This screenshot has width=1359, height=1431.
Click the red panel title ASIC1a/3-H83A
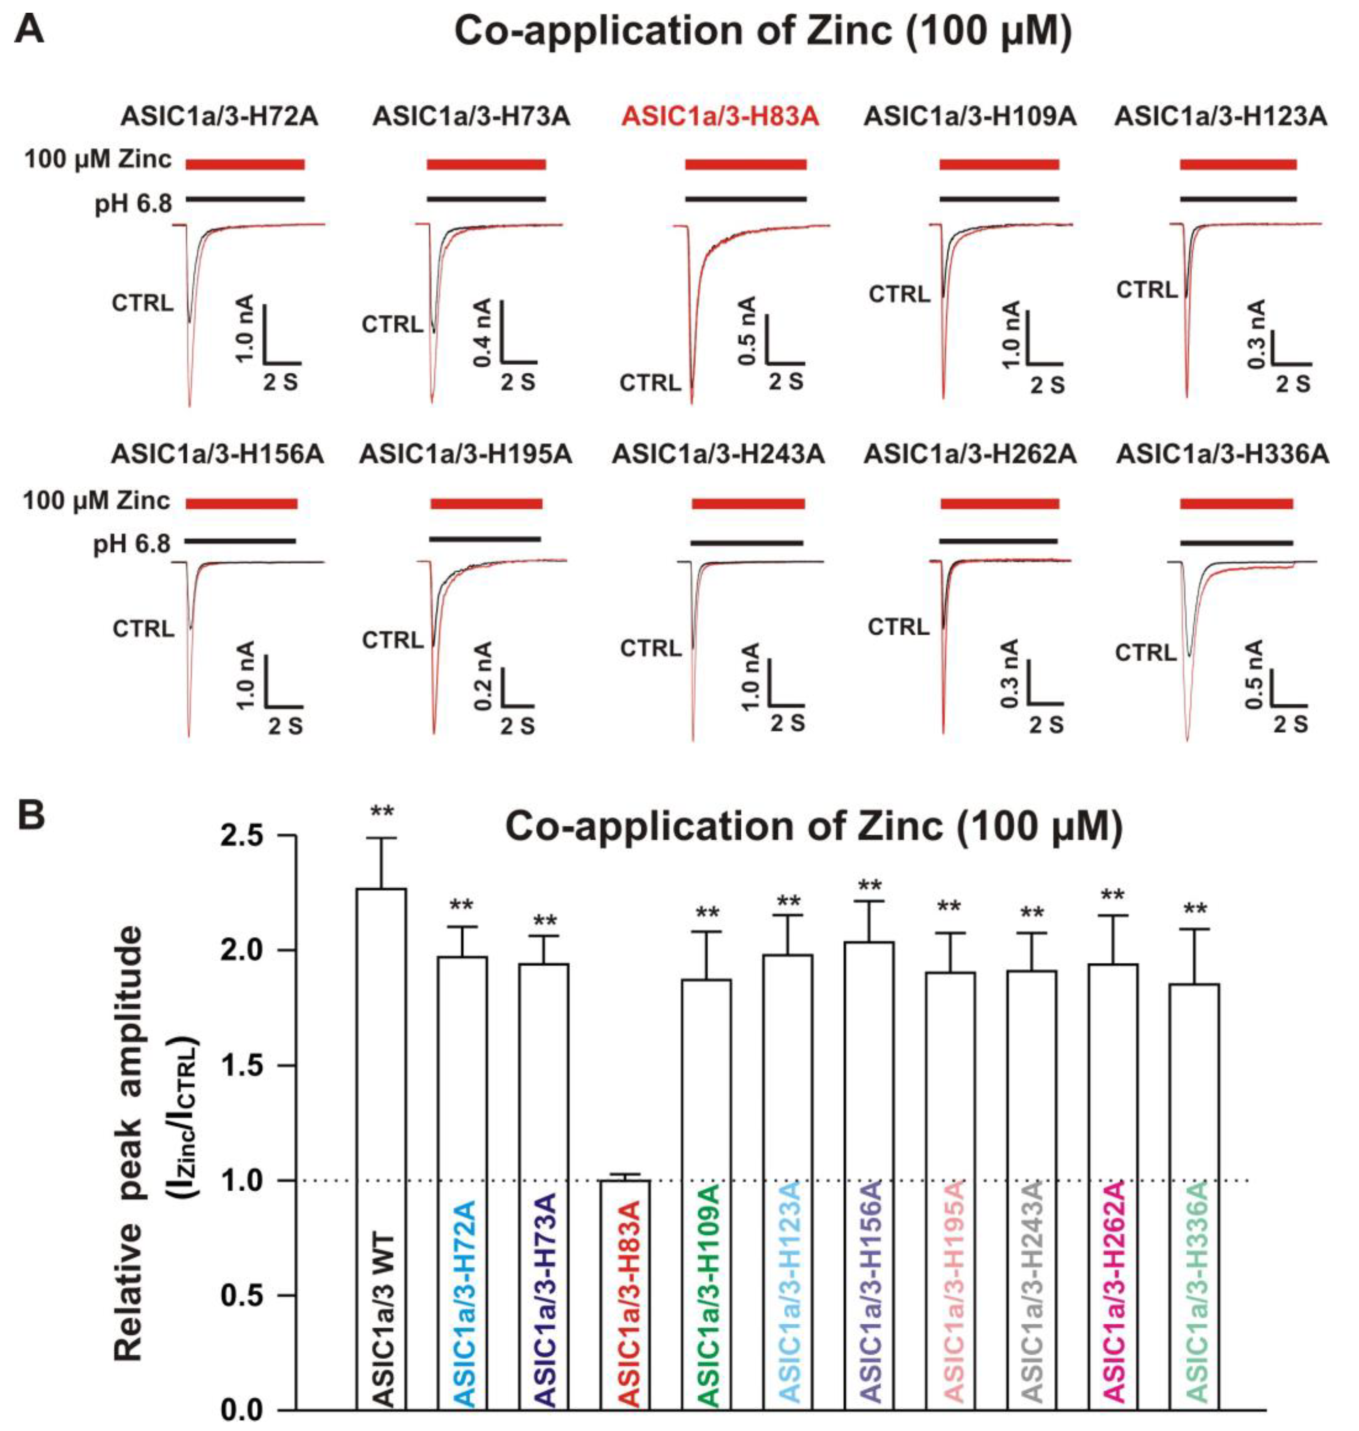[720, 117]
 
